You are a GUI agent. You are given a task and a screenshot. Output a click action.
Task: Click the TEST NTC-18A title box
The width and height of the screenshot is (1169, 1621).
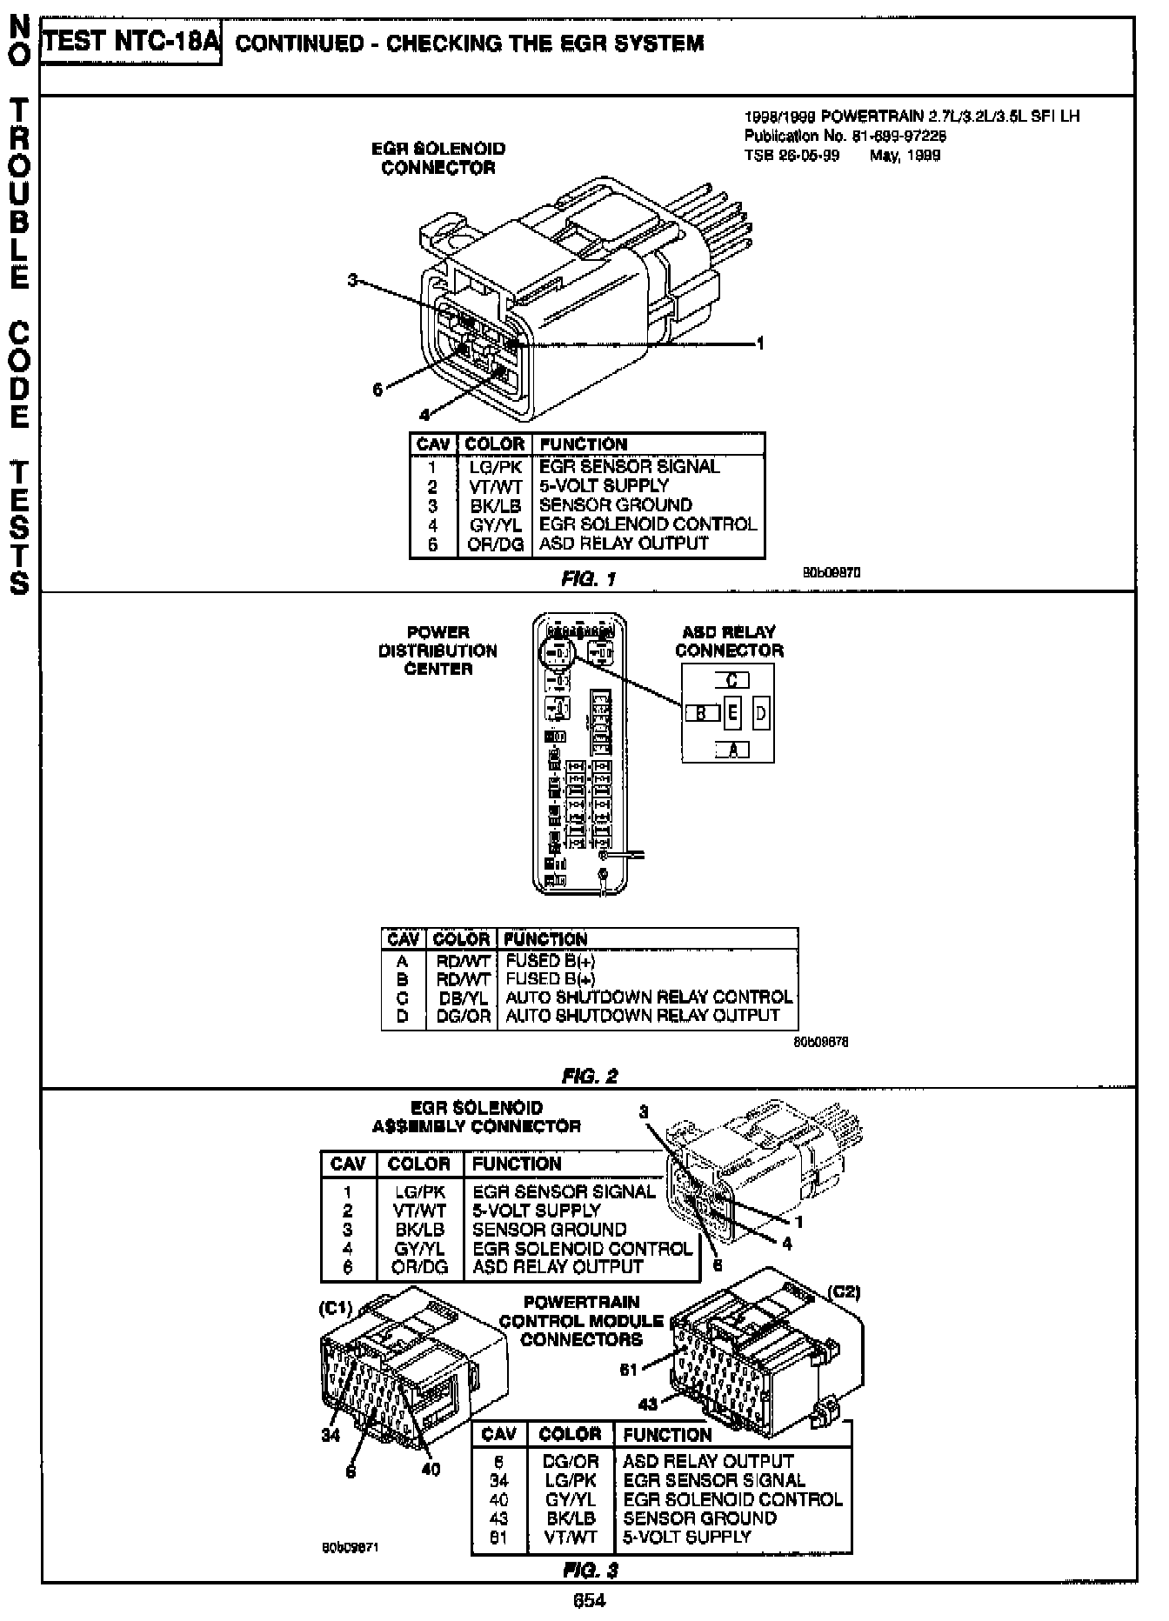point(130,43)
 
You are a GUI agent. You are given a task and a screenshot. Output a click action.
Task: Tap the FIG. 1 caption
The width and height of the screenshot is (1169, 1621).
point(589,579)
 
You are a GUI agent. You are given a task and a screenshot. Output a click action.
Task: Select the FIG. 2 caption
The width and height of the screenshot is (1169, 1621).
point(590,1076)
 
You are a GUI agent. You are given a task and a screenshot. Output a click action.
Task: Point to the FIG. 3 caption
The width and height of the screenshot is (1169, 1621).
point(590,1571)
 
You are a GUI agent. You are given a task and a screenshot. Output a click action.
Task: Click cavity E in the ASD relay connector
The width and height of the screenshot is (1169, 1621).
point(733,714)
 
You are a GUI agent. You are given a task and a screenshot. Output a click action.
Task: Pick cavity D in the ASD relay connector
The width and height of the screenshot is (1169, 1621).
point(761,714)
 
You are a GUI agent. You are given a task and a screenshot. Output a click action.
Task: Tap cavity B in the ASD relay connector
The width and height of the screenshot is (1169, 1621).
point(702,714)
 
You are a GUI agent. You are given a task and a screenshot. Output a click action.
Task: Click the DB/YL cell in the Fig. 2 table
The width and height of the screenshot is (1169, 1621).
point(461,997)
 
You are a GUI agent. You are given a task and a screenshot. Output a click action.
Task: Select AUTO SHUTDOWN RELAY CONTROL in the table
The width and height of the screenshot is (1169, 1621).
point(649,997)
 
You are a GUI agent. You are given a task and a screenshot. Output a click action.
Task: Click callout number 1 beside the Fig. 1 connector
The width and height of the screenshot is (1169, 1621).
point(760,344)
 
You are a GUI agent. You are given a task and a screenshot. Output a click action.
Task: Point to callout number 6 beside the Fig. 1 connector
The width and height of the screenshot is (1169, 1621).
point(377,390)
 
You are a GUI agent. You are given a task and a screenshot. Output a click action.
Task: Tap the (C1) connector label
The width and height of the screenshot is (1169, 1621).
point(335,1308)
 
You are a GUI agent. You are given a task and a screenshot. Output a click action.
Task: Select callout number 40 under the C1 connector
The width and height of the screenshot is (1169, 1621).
point(431,1469)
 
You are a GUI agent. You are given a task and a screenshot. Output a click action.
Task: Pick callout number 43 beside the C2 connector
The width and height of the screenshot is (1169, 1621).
point(648,1403)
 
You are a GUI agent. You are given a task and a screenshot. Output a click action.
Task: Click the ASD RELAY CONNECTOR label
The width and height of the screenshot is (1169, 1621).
point(729,642)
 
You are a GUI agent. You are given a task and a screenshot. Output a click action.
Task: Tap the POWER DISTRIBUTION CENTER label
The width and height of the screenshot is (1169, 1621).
point(438,650)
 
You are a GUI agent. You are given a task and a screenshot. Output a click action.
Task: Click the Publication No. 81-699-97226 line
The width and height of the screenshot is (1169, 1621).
point(845,136)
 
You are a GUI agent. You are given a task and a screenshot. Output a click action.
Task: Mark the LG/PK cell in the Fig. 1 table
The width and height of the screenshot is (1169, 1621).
point(494,467)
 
